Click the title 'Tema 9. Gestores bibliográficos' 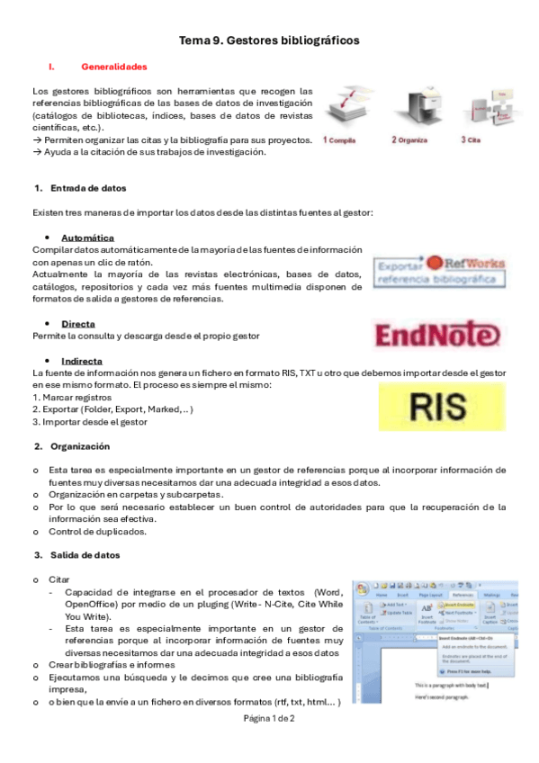click(269, 40)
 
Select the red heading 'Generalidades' click(114, 67)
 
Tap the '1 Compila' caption click(340, 140)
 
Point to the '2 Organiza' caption click(410, 140)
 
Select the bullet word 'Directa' click(78, 323)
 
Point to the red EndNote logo click(437, 336)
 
